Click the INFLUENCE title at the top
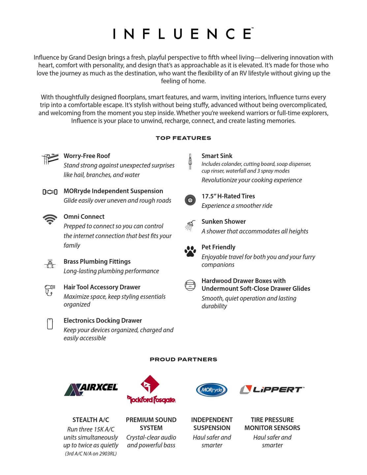pos(183,34)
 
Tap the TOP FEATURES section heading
pos(183,138)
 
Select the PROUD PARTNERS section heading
pos(183,359)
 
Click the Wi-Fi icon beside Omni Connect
pos(50,219)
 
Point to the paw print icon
pos(190,251)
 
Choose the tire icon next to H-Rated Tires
pos(190,200)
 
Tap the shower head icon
pos(190,225)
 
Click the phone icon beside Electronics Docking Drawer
pos(50,324)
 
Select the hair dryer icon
pos(50,290)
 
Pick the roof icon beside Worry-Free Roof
pos(50,159)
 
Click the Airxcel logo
pos(91,389)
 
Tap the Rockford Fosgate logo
pos(151,390)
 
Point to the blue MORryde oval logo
pos(212,390)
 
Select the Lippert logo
pos(272,390)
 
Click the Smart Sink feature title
pos(217,156)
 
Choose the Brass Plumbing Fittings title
pos(97,261)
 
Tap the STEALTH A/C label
pos(91,420)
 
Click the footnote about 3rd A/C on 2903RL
pos(91,454)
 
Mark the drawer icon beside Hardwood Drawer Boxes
pos(190,285)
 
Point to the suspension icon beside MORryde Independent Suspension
pos(50,192)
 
